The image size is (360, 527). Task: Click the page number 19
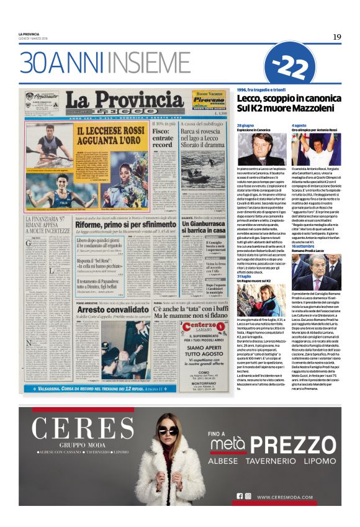336,37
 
